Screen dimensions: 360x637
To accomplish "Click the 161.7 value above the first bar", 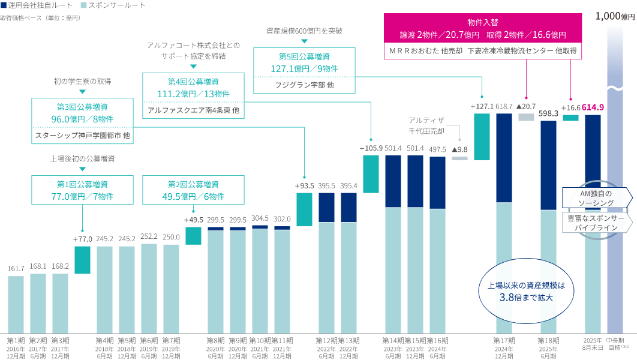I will click(x=16, y=268).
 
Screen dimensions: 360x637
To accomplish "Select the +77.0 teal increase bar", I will click(x=82, y=260).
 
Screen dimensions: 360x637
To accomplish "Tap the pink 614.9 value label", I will click(x=593, y=107).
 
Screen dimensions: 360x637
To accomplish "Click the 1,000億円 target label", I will click(x=615, y=17).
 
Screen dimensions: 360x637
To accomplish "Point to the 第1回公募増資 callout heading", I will click(x=83, y=184).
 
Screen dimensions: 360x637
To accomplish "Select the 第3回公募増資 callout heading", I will click(x=83, y=107).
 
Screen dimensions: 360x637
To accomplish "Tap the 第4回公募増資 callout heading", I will click(x=193, y=82).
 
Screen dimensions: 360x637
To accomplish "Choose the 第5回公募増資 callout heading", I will click(x=304, y=56).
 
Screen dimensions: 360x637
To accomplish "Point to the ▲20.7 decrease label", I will click(x=526, y=106).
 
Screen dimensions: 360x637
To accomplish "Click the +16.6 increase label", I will click(x=570, y=108).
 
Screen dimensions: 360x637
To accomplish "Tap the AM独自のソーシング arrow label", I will click(x=594, y=198).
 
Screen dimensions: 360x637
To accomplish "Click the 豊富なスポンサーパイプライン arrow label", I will click(x=596, y=223).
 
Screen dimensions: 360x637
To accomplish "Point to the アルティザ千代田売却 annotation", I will click(x=426, y=125).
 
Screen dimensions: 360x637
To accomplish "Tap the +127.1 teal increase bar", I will click(x=482, y=137).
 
